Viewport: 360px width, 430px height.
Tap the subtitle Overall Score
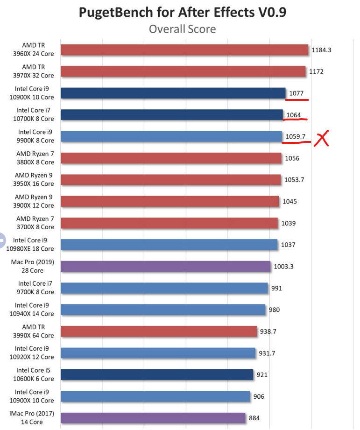182,29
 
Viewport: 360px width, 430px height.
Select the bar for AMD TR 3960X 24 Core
184,50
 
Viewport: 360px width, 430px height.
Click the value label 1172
316,72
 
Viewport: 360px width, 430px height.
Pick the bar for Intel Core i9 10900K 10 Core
173,93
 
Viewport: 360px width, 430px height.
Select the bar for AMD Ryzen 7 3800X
171,158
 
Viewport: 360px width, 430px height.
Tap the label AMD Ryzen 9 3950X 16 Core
35,180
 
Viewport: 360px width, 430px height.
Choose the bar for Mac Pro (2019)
165,267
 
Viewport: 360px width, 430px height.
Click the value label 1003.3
283,267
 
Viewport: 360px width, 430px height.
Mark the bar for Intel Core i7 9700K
164,288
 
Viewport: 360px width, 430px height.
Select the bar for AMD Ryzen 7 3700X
169,223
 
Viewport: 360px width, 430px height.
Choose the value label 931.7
267,353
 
